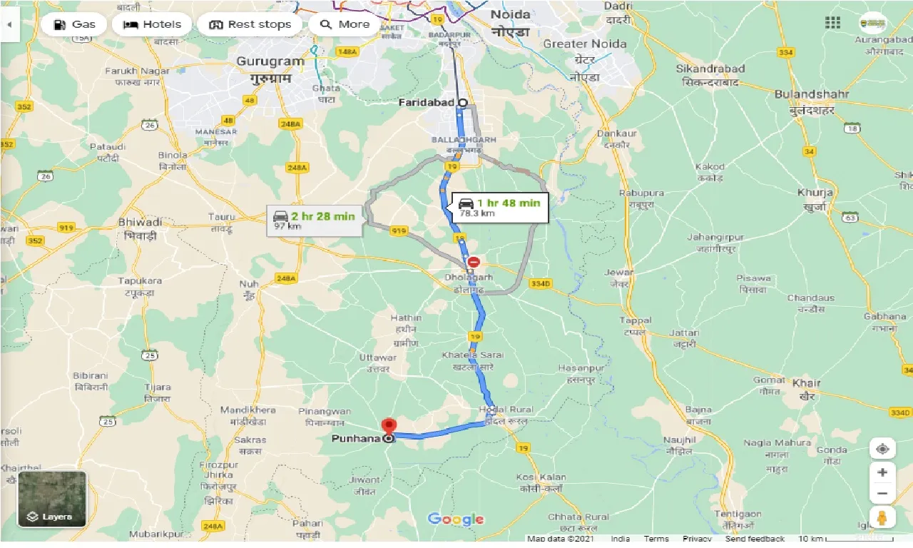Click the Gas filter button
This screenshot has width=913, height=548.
[73, 24]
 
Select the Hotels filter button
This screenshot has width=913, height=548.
[152, 24]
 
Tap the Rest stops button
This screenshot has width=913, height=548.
[250, 24]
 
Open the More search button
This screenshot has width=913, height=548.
[345, 24]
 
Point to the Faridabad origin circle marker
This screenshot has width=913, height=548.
[462, 103]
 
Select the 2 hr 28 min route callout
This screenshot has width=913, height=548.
[314, 220]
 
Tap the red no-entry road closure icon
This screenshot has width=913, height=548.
[474, 262]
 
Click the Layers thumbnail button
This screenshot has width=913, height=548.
[52, 499]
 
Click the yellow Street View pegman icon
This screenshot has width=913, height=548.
[882, 517]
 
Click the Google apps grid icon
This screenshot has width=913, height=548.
[832, 23]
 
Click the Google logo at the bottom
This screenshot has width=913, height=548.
[456, 519]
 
